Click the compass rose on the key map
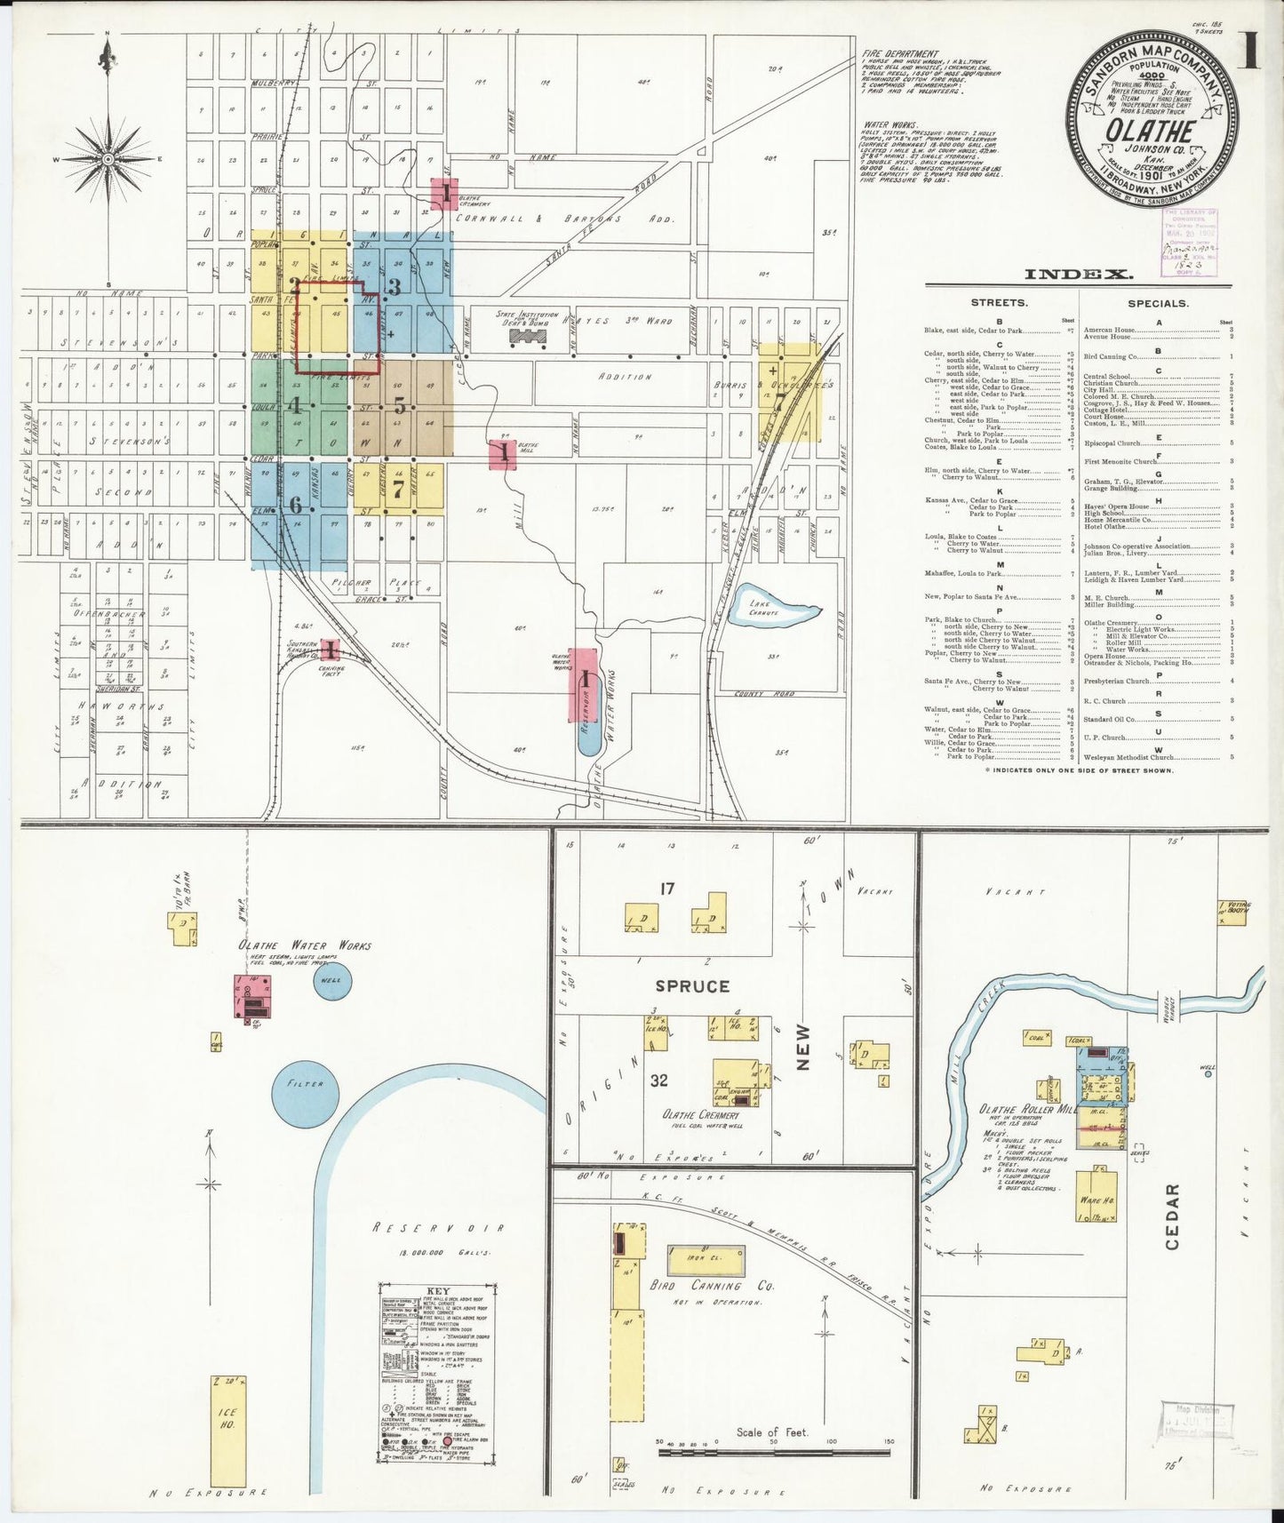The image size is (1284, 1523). point(108,159)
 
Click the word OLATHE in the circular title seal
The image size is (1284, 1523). point(1150,132)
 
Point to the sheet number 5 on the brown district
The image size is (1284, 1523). point(400,406)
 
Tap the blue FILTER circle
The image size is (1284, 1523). point(305,1083)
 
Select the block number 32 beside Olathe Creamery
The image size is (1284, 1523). point(658,1080)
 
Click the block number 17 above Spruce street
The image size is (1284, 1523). point(668,888)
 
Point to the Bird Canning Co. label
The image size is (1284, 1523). point(720,1285)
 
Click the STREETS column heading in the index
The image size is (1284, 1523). point(999,303)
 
